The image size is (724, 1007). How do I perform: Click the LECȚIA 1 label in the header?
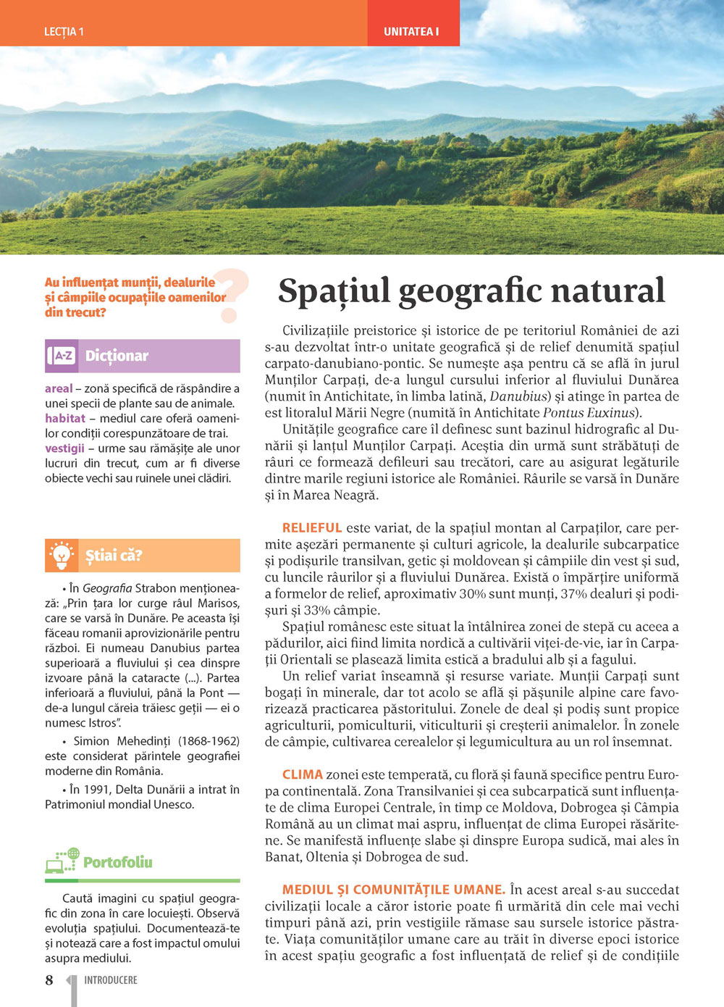(64, 32)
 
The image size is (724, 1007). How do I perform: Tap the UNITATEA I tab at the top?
(411, 32)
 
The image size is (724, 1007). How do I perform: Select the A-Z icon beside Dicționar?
(63, 356)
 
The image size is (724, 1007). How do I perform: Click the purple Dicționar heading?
(117, 356)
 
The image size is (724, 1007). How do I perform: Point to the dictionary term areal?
(59, 388)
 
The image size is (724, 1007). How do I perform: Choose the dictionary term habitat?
(65, 418)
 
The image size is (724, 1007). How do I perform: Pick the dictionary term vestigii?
(64, 448)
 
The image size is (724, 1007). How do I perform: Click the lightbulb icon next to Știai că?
(62, 556)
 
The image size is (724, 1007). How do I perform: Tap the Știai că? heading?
(114, 556)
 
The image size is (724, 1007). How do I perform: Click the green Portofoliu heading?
(118, 862)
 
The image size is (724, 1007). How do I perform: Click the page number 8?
(49, 980)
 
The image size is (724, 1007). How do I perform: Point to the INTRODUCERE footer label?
(111, 980)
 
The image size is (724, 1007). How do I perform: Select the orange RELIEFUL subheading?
(312, 528)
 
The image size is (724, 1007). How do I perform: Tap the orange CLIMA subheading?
(303, 774)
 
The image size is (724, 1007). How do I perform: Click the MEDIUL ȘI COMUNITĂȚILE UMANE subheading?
(394, 890)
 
